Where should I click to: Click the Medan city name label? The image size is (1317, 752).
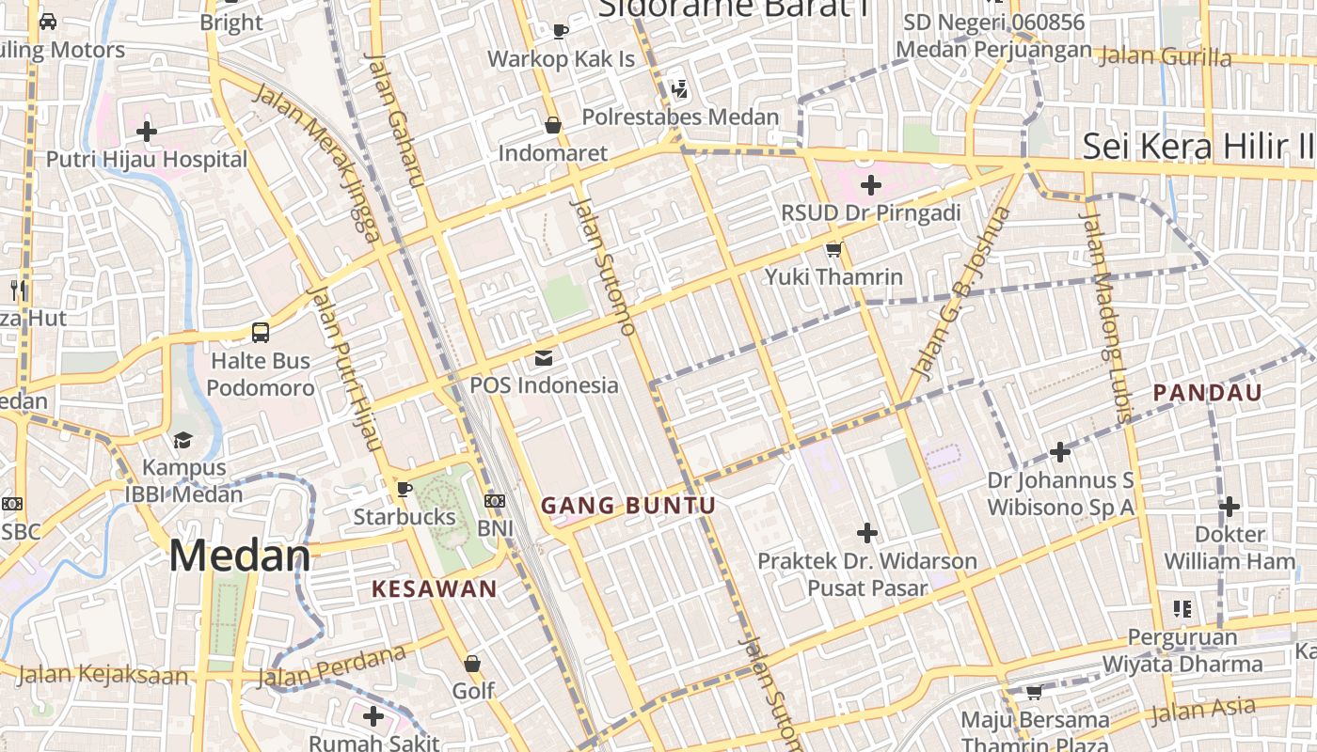click(240, 556)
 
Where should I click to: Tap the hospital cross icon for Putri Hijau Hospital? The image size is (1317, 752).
click(147, 131)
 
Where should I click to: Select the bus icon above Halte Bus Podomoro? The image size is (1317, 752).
click(261, 332)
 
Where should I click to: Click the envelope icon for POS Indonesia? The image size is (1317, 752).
click(544, 357)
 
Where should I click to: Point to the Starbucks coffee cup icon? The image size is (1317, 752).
click(404, 489)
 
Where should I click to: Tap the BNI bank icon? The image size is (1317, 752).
click(495, 501)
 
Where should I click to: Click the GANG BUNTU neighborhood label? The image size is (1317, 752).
click(627, 506)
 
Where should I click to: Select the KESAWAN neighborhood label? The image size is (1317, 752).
click(434, 589)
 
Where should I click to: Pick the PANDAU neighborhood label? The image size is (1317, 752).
click(1207, 393)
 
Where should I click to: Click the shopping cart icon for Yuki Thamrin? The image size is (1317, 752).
click(833, 249)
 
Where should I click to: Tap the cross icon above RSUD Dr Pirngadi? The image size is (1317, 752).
click(871, 185)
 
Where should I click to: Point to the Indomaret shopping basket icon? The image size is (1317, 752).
click(553, 124)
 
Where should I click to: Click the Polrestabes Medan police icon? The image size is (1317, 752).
click(679, 90)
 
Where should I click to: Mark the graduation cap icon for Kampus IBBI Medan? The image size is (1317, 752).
click(182, 440)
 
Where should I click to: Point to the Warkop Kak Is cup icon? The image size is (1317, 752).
click(561, 31)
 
